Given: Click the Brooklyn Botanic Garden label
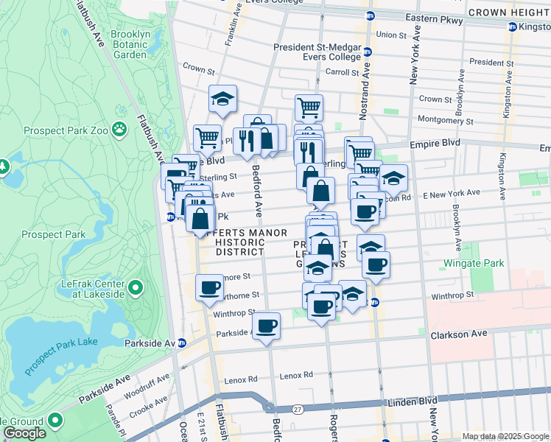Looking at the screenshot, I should [130, 44].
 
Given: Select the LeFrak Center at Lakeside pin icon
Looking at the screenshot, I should [136, 286].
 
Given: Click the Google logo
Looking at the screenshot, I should [24, 433].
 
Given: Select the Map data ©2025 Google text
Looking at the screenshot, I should [505, 436].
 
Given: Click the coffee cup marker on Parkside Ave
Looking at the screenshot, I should [266, 324].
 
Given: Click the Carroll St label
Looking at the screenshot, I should [341, 72].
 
